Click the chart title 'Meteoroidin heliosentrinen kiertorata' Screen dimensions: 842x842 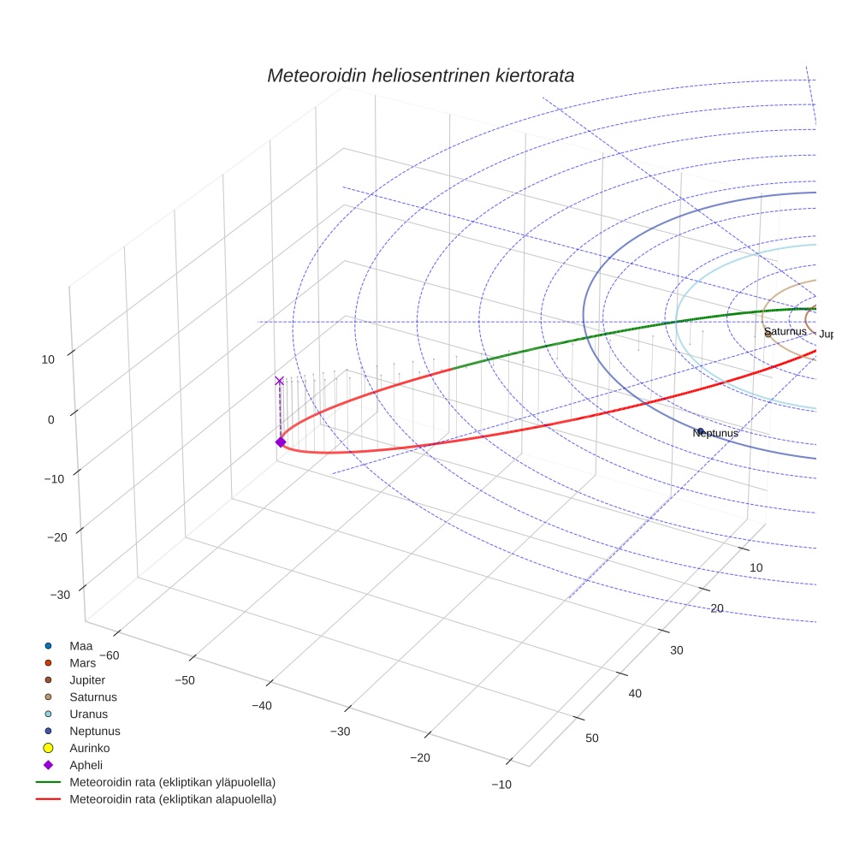(x=420, y=75)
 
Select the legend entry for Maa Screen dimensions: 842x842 (x=80, y=645)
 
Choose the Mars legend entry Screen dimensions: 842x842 (x=82, y=662)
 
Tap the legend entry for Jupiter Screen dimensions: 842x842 (x=87, y=679)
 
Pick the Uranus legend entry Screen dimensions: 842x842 (x=88, y=714)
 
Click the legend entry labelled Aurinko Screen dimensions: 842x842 (x=88, y=748)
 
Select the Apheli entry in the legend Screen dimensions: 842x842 (x=86, y=765)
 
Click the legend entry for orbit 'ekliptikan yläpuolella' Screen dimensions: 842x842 (x=172, y=782)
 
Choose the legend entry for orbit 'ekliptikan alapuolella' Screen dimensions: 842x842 (x=172, y=799)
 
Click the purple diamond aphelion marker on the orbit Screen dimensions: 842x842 (x=280, y=442)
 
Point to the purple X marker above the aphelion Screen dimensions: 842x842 (x=279, y=381)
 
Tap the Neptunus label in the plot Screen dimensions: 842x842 (x=715, y=434)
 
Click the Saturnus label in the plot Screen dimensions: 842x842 (x=786, y=331)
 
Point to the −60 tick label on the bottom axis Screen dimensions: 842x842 (x=110, y=655)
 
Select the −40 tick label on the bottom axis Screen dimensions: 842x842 (x=266, y=705)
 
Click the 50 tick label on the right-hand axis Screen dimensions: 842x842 (x=593, y=738)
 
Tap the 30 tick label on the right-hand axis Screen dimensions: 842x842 (x=676, y=650)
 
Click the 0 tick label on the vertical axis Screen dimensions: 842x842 (x=50, y=419)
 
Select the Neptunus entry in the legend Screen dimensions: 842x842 (x=94, y=731)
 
